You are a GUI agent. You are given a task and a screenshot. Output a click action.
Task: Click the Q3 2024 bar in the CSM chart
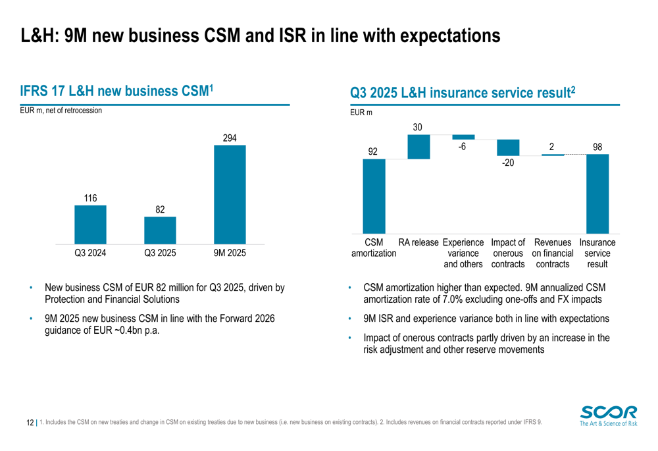tap(90, 225)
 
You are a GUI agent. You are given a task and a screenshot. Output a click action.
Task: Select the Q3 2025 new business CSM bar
tap(160, 230)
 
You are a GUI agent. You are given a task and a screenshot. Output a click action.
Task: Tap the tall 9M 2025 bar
tap(230, 194)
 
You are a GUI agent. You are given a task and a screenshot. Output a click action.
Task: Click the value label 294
tap(230, 138)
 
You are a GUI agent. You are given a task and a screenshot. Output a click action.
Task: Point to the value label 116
tap(90, 198)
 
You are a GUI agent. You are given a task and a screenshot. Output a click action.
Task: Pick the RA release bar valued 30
tap(418, 147)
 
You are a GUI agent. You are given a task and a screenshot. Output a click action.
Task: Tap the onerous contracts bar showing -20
tap(508, 147)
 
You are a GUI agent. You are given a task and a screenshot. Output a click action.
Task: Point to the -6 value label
tap(463, 147)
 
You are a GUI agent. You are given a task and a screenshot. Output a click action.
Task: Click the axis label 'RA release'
tap(418, 243)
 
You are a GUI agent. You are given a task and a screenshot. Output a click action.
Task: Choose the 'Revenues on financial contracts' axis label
tap(553, 253)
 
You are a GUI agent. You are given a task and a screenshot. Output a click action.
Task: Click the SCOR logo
tap(609, 416)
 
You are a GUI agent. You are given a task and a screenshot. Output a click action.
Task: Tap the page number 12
tap(30, 422)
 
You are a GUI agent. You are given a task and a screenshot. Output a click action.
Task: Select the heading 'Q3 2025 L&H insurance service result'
tap(463, 93)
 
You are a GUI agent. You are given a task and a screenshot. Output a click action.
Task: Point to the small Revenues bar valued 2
tap(553, 155)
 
